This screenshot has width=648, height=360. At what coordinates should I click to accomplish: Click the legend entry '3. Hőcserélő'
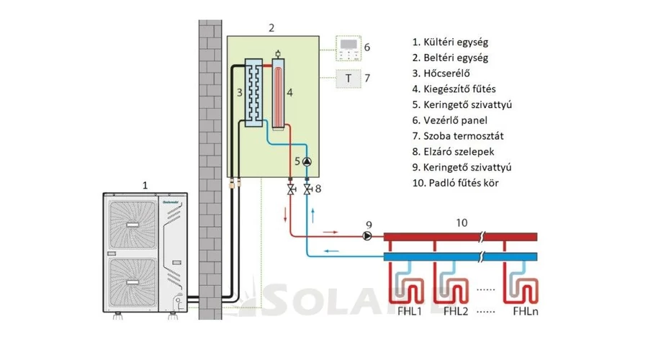pos(444,73)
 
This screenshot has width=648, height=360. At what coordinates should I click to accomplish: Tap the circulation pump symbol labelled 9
pos(369,235)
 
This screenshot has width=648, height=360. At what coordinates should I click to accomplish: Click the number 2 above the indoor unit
pos(271,28)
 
